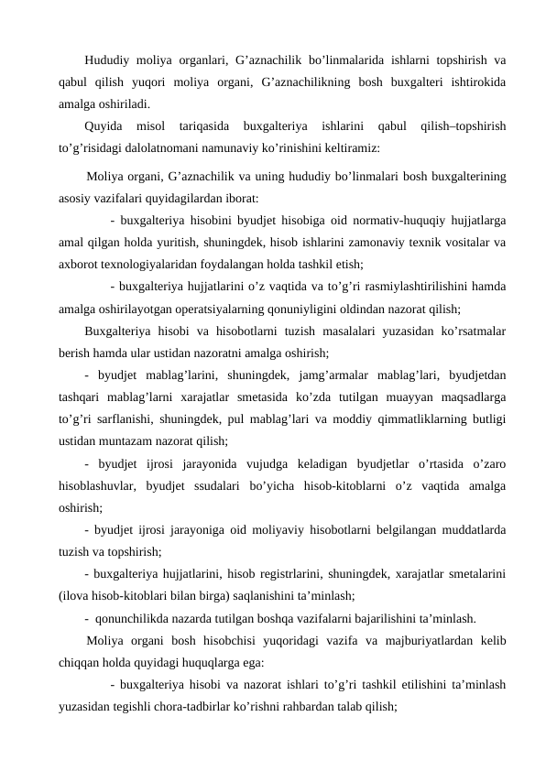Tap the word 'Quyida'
[x=102, y=125]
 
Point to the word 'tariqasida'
[x=206, y=125]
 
